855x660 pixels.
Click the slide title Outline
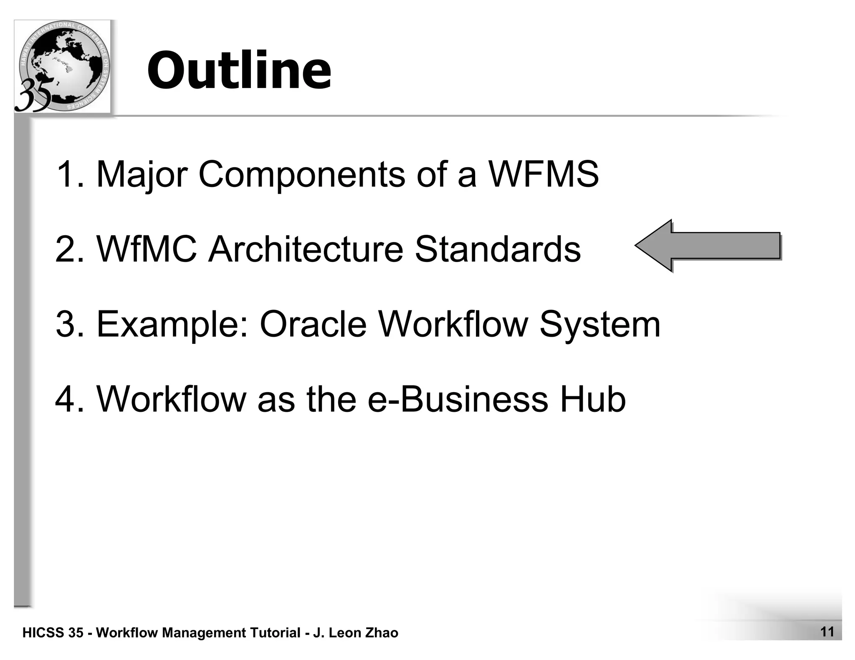point(239,70)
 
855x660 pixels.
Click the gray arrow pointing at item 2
point(708,246)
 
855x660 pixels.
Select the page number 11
point(827,632)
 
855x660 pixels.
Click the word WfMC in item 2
point(147,249)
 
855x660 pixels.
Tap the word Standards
point(497,249)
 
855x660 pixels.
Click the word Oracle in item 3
point(313,324)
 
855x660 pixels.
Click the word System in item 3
point(600,325)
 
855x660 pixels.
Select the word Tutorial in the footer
point(275,633)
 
